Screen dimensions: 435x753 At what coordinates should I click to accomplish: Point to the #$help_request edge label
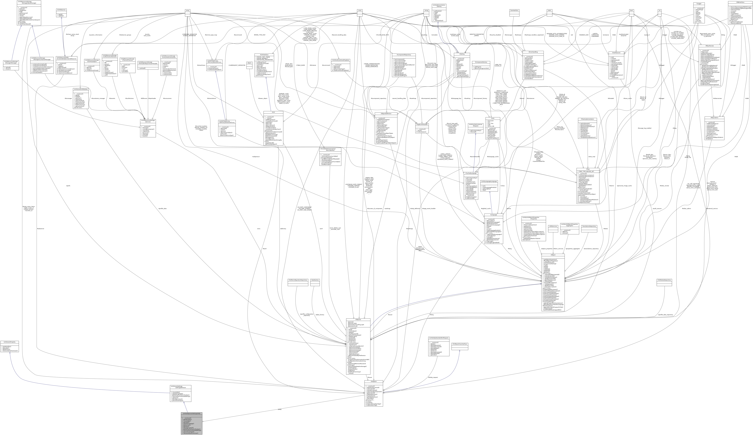[x=433, y=377]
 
